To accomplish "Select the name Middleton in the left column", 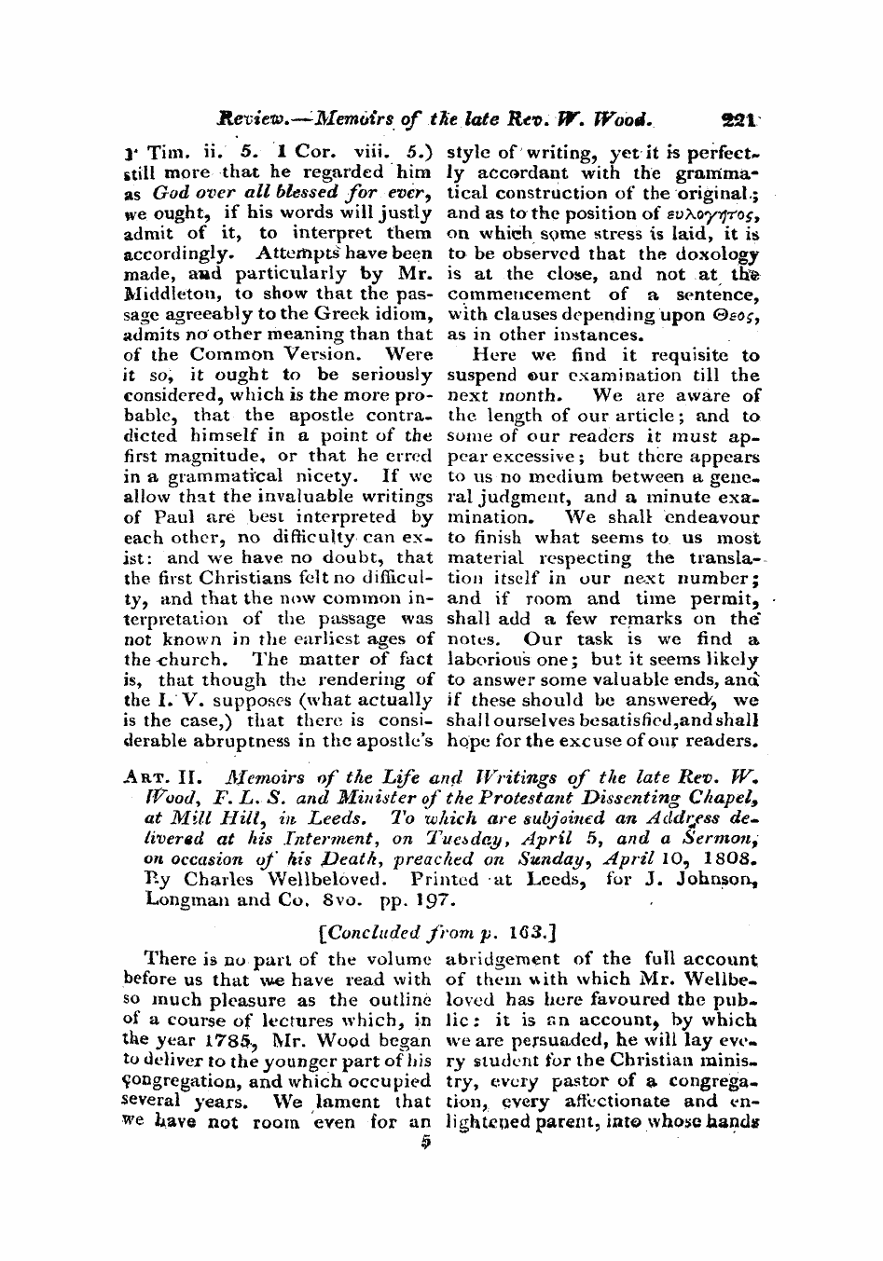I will point(166,295).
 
